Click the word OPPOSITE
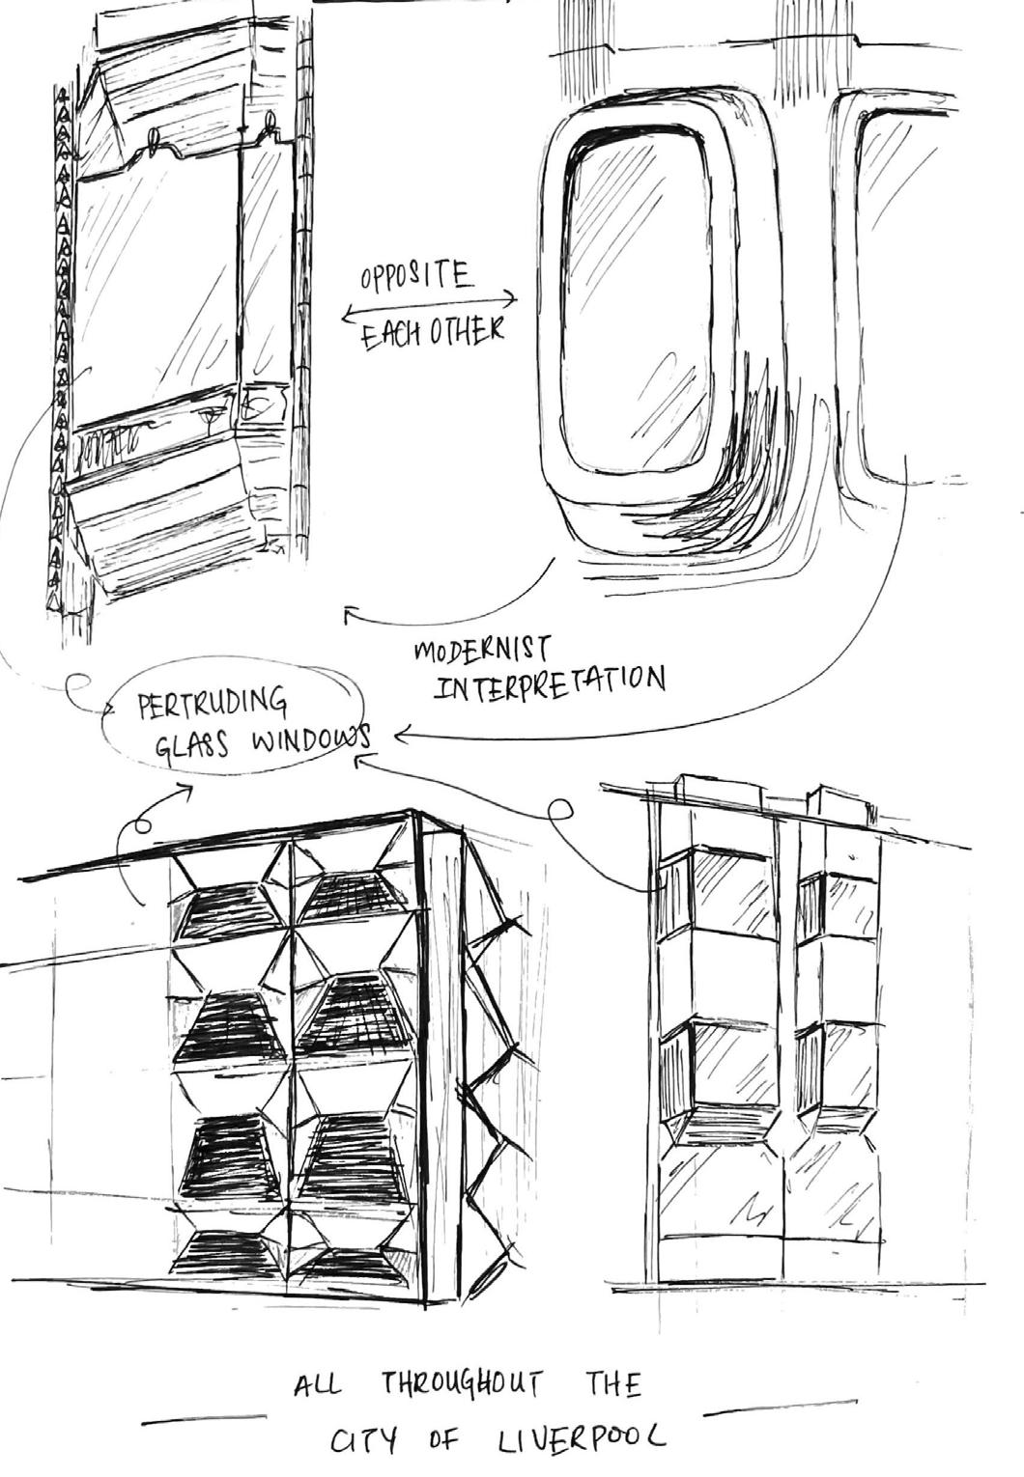[x=416, y=279]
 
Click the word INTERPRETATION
[x=551, y=684]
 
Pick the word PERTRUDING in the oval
[x=213, y=704]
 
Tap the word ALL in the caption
[x=317, y=1386]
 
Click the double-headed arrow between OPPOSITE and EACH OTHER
[x=428, y=308]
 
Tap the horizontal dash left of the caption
[x=203, y=1419]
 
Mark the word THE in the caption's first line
[x=612, y=1385]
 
